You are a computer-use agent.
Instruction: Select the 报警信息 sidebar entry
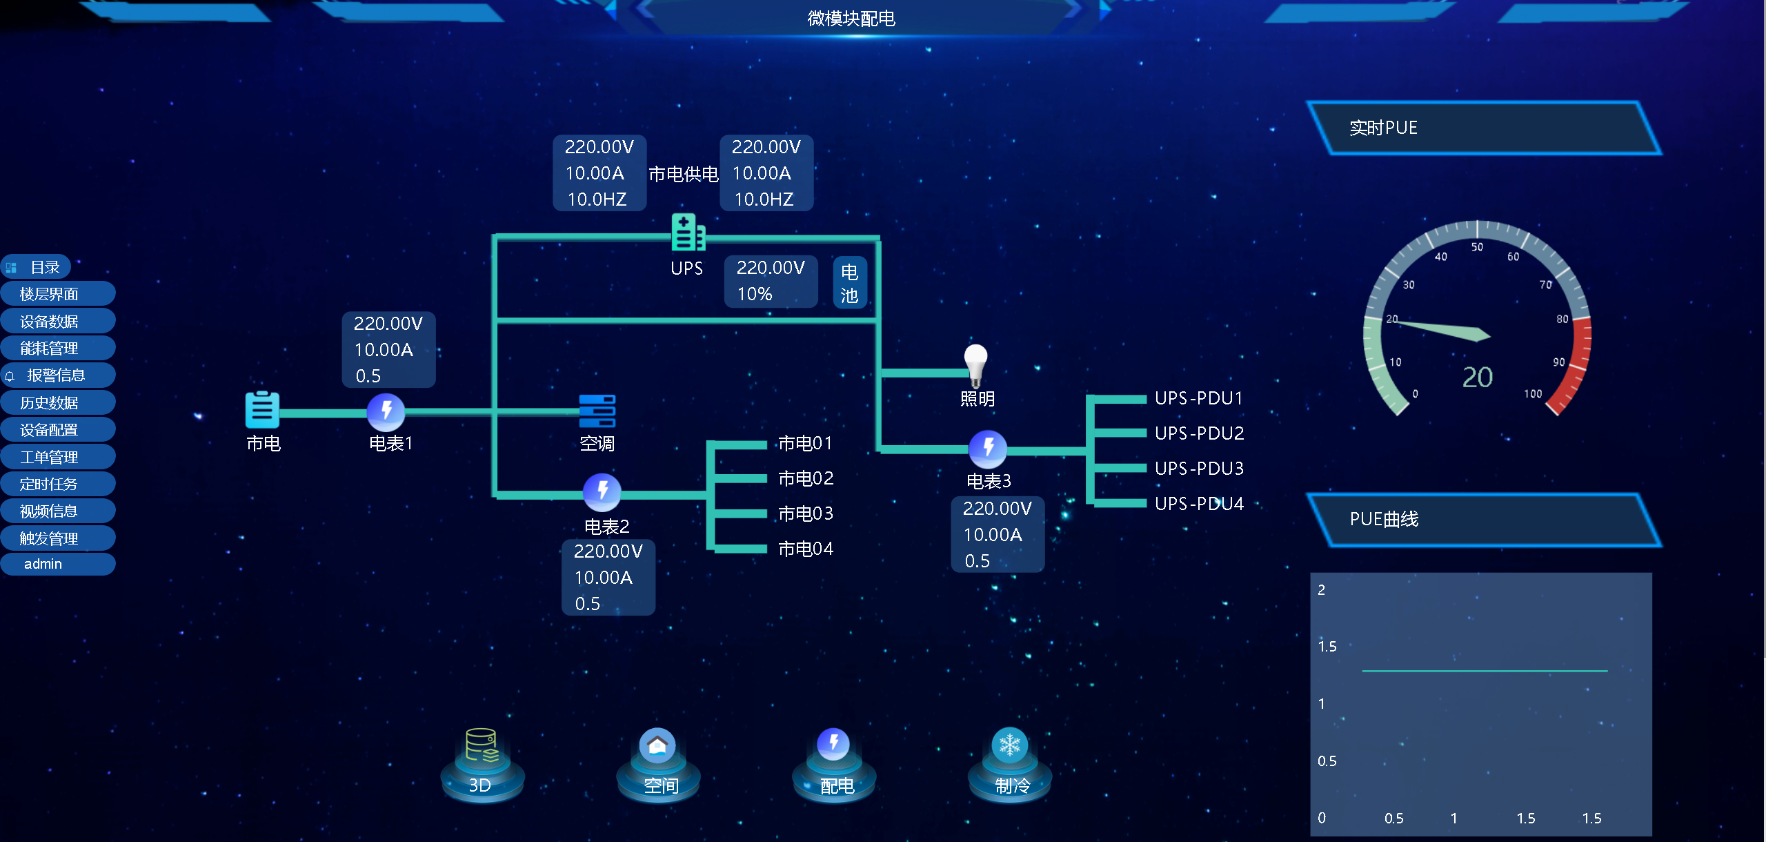[x=57, y=375]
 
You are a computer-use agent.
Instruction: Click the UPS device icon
[x=687, y=233]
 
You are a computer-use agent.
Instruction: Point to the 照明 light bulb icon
[x=975, y=364]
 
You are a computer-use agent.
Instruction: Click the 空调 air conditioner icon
[x=597, y=411]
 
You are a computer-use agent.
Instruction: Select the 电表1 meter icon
[x=386, y=412]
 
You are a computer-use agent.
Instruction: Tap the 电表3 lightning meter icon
[x=988, y=449]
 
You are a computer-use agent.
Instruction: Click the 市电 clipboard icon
[x=263, y=410]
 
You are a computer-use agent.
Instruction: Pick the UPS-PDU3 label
[x=1199, y=469]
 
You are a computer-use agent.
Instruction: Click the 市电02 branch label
[x=806, y=478]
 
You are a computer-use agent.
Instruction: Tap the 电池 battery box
[x=849, y=283]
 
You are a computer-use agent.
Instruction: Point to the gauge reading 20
[x=1477, y=378]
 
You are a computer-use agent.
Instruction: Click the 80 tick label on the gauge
[x=1562, y=319]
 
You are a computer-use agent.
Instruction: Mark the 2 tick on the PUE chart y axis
[x=1322, y=590]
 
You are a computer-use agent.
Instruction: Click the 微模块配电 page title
[x=851, y=19]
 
